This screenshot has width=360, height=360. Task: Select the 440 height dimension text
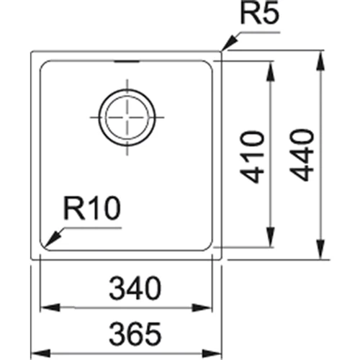[x=302, y=154]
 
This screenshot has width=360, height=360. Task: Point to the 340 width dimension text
[x=134, y=290]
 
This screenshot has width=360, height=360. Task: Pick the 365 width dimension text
[x=134, y=333]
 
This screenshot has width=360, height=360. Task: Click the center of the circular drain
[x=127, y=117]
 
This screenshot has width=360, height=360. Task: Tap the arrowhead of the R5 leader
[x=224, y=49]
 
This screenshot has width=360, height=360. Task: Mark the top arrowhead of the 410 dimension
[x=270, y=66]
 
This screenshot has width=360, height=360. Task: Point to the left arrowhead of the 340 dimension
[x=44, y=307]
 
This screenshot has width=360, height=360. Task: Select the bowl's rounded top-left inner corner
[x=43, y=66]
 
